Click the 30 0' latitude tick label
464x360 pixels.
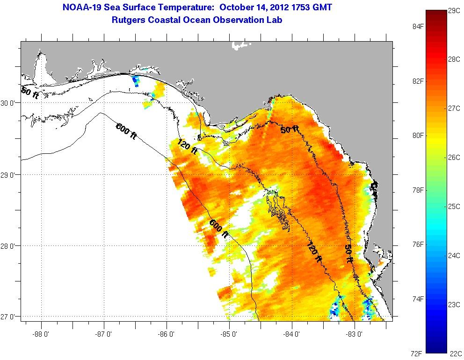click(x=10, y=103)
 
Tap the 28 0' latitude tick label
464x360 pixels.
click(x=10, y=246)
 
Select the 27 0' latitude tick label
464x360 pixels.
click(x=10, y=317)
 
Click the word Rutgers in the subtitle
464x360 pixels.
click(x=130, y=20)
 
